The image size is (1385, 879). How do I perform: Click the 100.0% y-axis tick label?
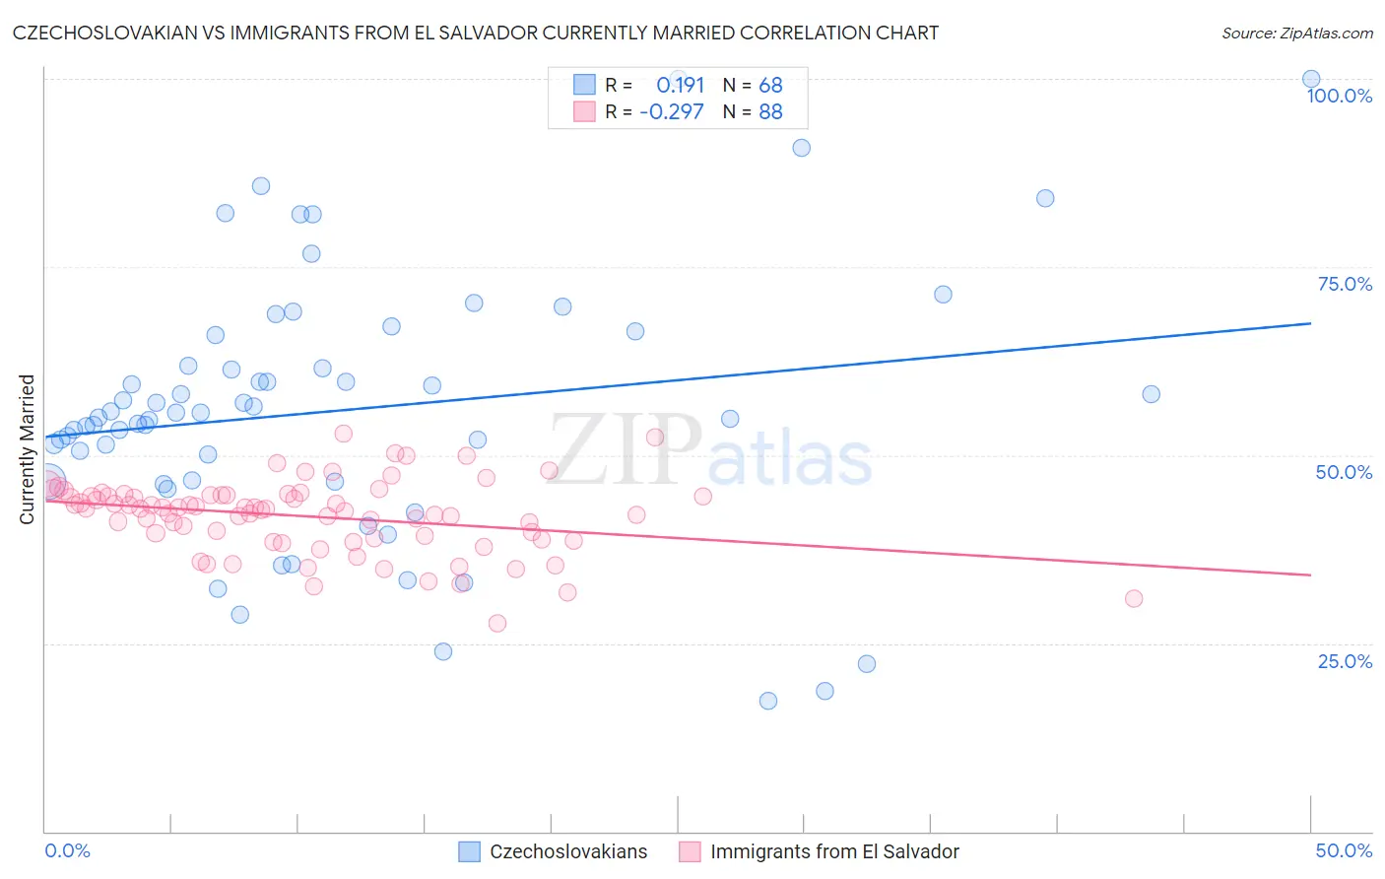click(x=1339, y=96)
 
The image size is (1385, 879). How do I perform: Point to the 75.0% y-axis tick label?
click(x=1345, y=284)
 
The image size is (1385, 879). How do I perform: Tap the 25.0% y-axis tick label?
click(x=1345, y=661)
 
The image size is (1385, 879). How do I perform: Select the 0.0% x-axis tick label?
click(x=67, y=850)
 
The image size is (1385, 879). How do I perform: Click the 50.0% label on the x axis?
click(x=1344, y=850)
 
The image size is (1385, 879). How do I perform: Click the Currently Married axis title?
click(x=27, y=449)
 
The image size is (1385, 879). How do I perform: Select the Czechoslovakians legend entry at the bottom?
click(x=568, y=851)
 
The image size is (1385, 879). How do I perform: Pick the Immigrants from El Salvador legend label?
click(x=834, y=851)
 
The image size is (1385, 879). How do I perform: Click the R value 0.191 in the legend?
click(x=680, y=85)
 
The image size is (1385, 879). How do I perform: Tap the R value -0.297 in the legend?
click(x=672, y=112)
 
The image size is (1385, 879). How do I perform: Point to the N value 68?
click(x=770, y=85)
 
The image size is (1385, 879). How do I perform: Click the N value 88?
click(x=770, y=112)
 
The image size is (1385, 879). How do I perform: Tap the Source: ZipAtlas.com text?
click(x=1296, y=33)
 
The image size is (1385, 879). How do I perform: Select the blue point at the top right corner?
click(x=1311, y=79)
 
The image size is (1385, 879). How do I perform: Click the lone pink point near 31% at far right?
click(x=1134, y=599)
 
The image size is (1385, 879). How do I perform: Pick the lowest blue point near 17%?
click(x=768, y=701)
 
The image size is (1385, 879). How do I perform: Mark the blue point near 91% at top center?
click(x=802, y=148)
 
